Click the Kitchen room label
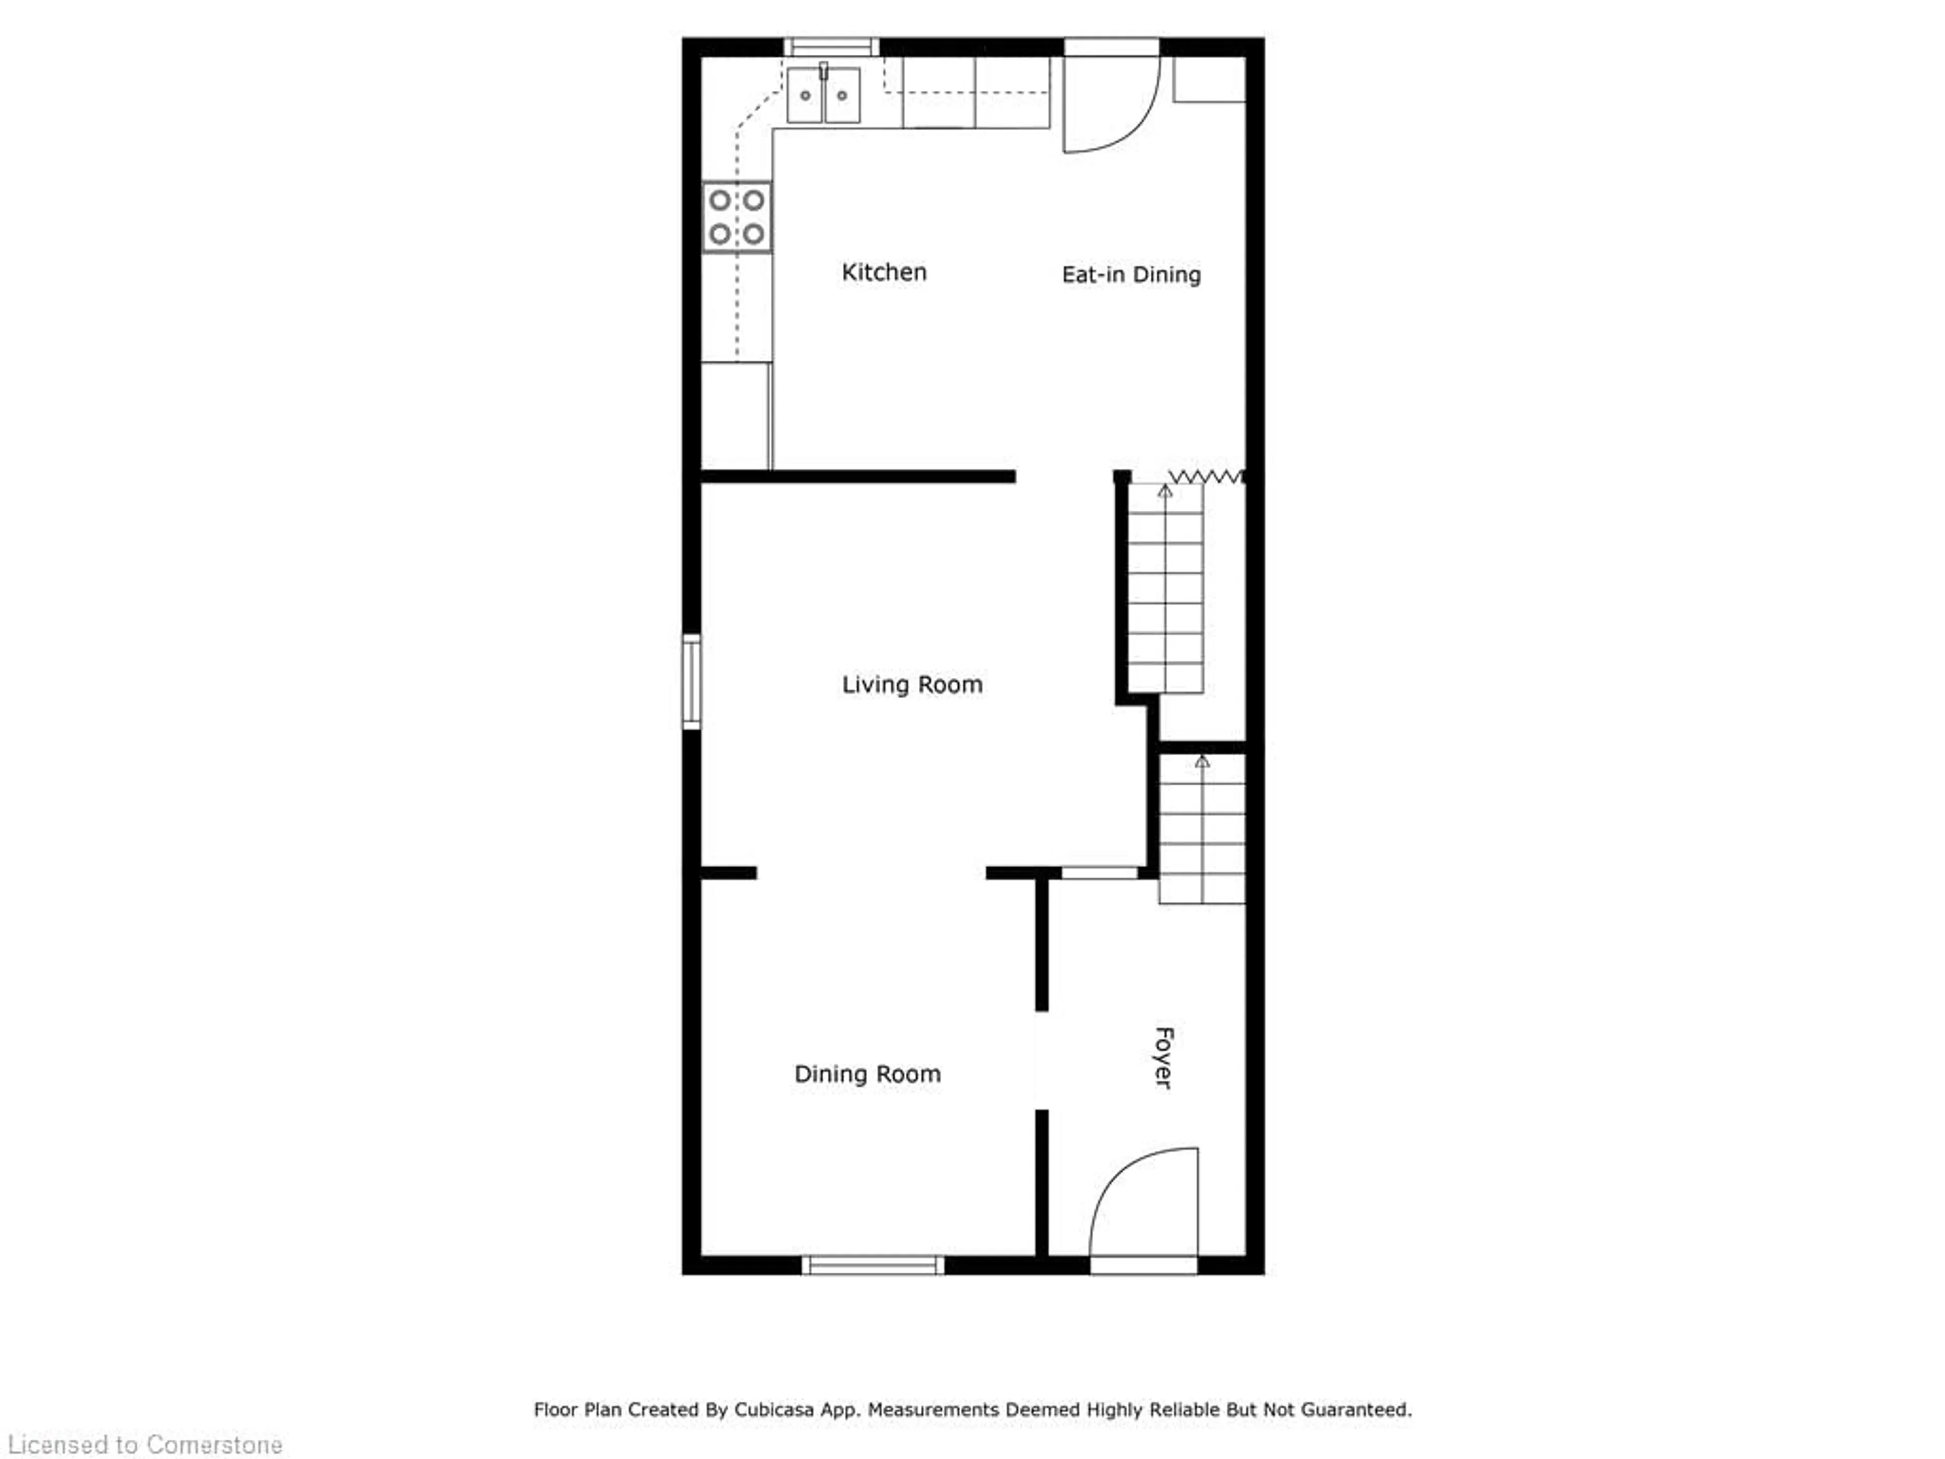click(884, 273)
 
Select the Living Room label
click(912, 684)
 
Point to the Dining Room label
click(867, 1074)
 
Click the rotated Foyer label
click(1163, 1058)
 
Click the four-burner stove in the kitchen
click(737, 217)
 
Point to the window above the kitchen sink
click(831, 47)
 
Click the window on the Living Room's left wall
click(692, 681)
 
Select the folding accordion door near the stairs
click(1205, 477)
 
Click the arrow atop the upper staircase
click(1165, 491)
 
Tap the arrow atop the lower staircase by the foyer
click(1202, 761)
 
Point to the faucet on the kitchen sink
click(824, 70)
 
